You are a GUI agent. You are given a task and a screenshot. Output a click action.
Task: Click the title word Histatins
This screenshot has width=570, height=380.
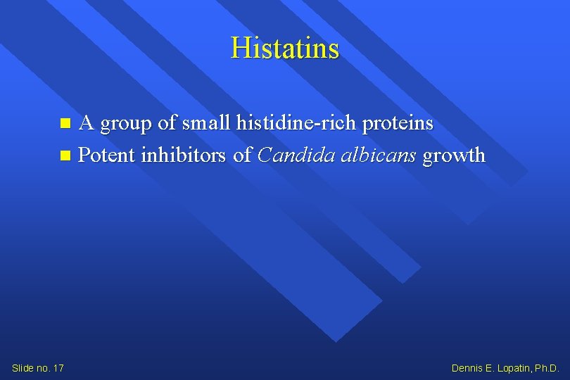point(285,49)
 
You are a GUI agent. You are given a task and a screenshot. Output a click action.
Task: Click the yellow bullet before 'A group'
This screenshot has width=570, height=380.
point(65,124)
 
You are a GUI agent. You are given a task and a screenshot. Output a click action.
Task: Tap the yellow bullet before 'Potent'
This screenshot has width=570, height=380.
point(65,155)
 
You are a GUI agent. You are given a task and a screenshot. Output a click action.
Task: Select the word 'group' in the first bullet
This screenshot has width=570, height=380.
point(127,125)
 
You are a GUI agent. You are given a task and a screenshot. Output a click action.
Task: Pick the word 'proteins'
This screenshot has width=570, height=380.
point(400,125)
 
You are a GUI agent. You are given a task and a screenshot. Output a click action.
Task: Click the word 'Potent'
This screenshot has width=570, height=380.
point(106,155)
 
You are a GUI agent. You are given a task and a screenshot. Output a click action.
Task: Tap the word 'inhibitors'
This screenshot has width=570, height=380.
point(184,155)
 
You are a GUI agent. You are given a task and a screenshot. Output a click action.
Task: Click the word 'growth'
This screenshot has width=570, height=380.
point(454,156)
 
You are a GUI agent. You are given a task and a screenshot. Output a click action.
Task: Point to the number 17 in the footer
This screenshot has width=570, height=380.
point(58,368)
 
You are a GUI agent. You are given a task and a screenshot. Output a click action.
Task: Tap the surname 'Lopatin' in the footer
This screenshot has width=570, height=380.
point(512,368)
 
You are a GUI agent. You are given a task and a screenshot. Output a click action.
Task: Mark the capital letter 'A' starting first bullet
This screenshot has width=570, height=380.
point(87,123)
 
